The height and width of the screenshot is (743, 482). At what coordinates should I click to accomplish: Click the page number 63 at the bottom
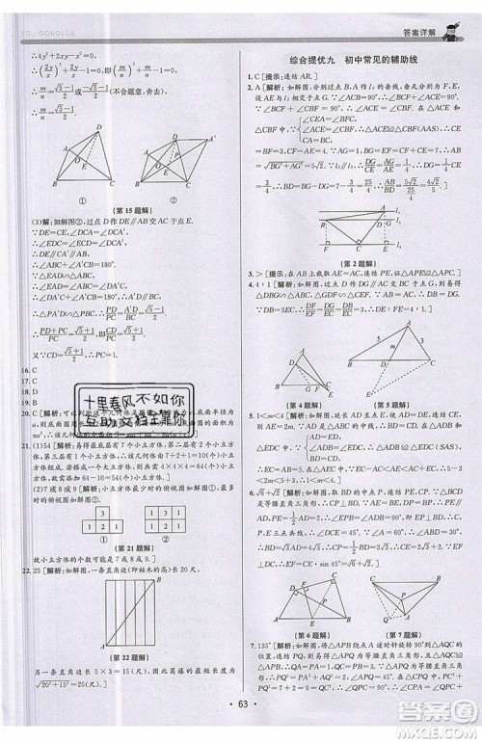coord(240,716)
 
